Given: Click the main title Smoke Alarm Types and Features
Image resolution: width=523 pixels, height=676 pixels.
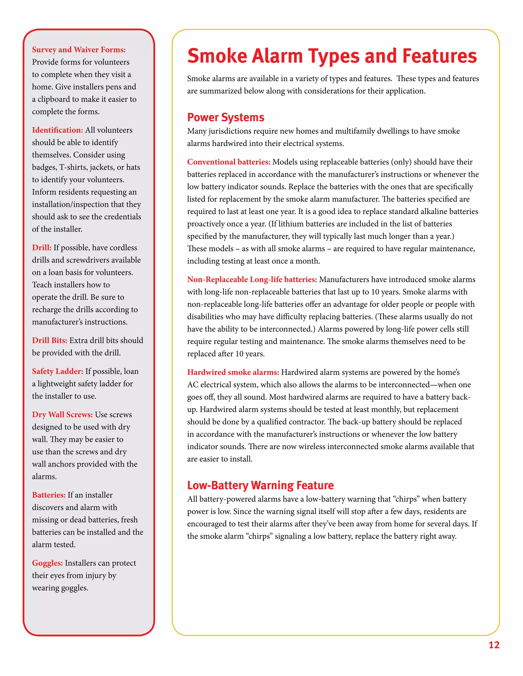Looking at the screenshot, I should point(332,56).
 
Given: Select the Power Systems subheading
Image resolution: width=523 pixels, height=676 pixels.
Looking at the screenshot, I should point(225,117).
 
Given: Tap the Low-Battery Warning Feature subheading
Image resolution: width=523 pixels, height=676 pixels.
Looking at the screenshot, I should point(260,485).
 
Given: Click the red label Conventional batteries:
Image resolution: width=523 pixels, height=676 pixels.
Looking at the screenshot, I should point(229,162).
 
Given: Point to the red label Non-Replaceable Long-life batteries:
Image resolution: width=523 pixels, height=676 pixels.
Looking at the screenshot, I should point(252,280).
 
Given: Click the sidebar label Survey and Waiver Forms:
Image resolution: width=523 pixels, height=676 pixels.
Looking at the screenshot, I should point(79,49).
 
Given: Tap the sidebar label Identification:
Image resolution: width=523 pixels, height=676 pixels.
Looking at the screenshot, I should point(57,130).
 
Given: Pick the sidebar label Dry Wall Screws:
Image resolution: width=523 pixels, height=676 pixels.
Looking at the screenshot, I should point(62,415).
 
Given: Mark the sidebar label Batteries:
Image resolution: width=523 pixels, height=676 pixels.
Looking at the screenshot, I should point(49,495).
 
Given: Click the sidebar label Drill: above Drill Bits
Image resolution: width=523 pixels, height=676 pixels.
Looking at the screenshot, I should point(42,248).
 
